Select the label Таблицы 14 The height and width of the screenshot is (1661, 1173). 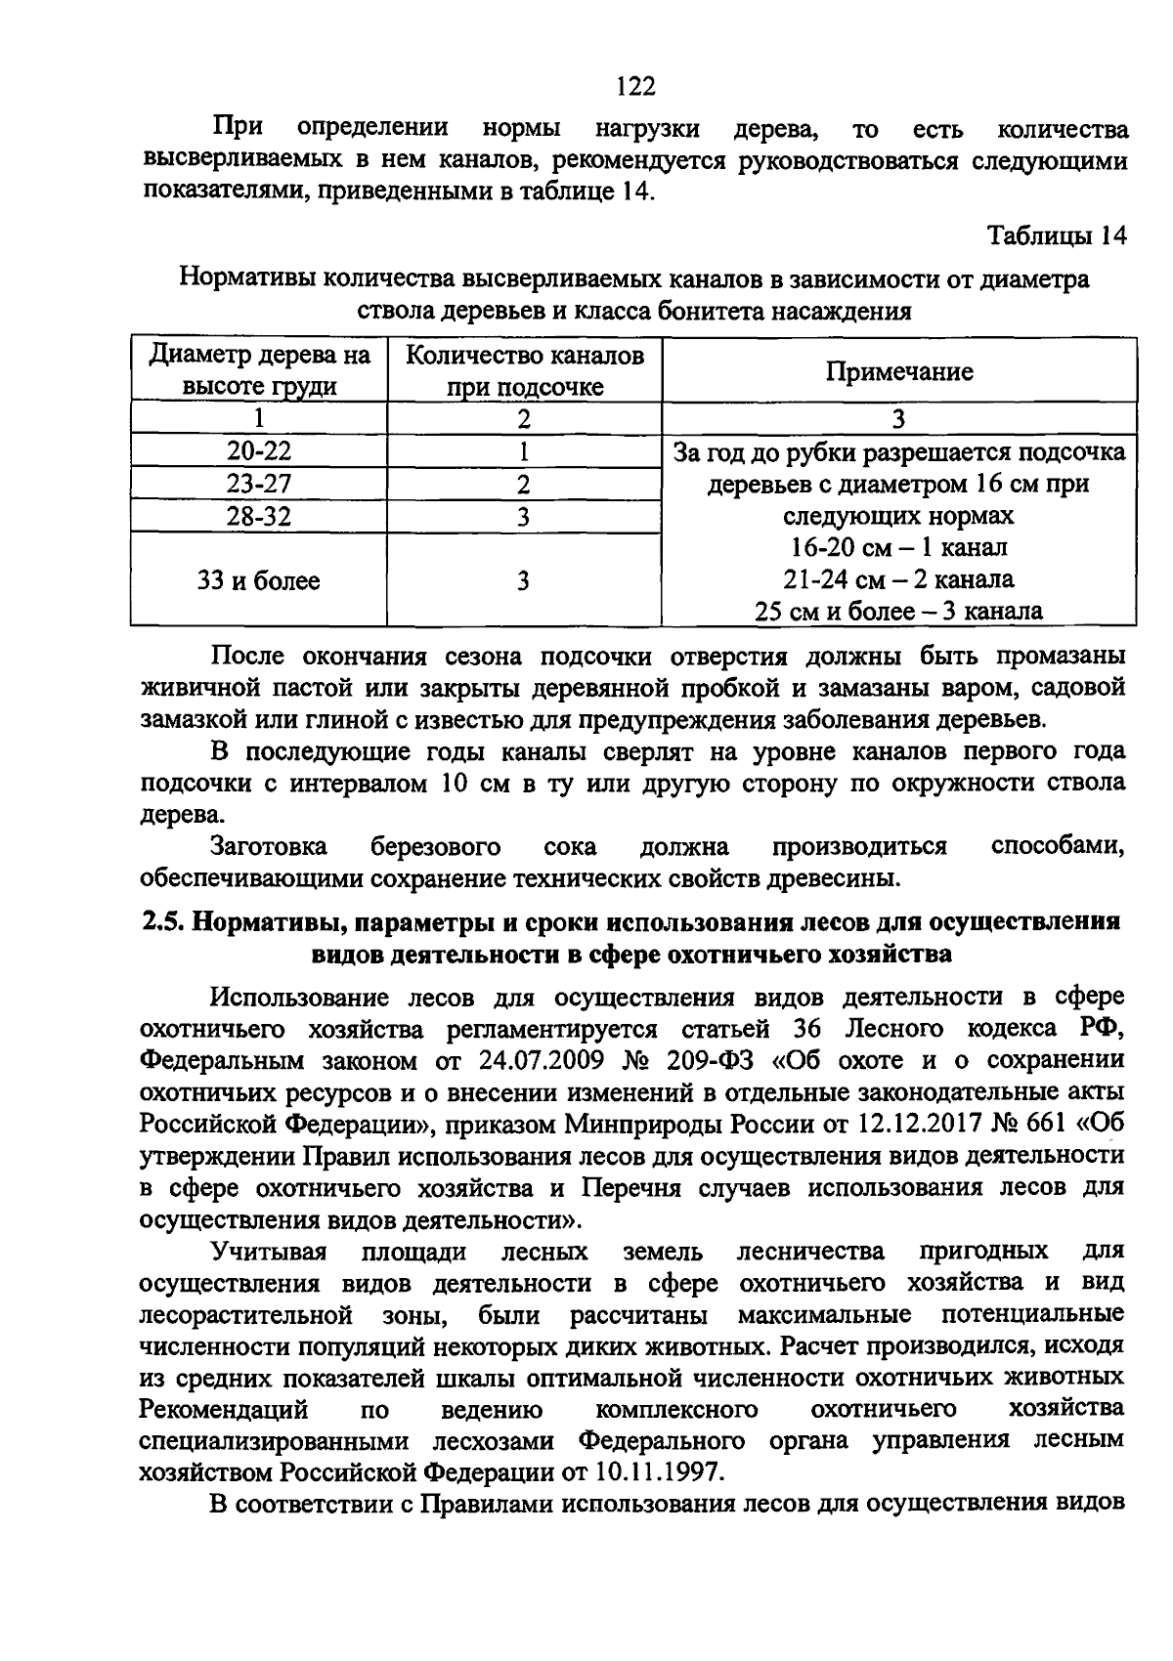click(1058, 236)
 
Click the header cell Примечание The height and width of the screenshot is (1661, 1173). click(899, 371)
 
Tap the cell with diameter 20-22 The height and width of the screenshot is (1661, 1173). click(259, 451)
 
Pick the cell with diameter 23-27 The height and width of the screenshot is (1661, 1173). click(259, 484)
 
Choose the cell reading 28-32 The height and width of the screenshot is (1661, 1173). click(259, 516)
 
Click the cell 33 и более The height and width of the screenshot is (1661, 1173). click(259, 581)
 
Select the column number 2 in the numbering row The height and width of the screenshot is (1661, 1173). click(524, 419)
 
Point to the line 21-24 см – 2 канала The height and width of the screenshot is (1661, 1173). click(898, 579)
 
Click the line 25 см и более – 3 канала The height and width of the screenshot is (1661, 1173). click(898, 612)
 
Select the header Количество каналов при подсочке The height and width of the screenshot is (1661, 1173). click(524, 371)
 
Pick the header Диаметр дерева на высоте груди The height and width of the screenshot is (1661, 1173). click(259, 371)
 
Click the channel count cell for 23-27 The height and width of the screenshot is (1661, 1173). click(524, 485)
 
